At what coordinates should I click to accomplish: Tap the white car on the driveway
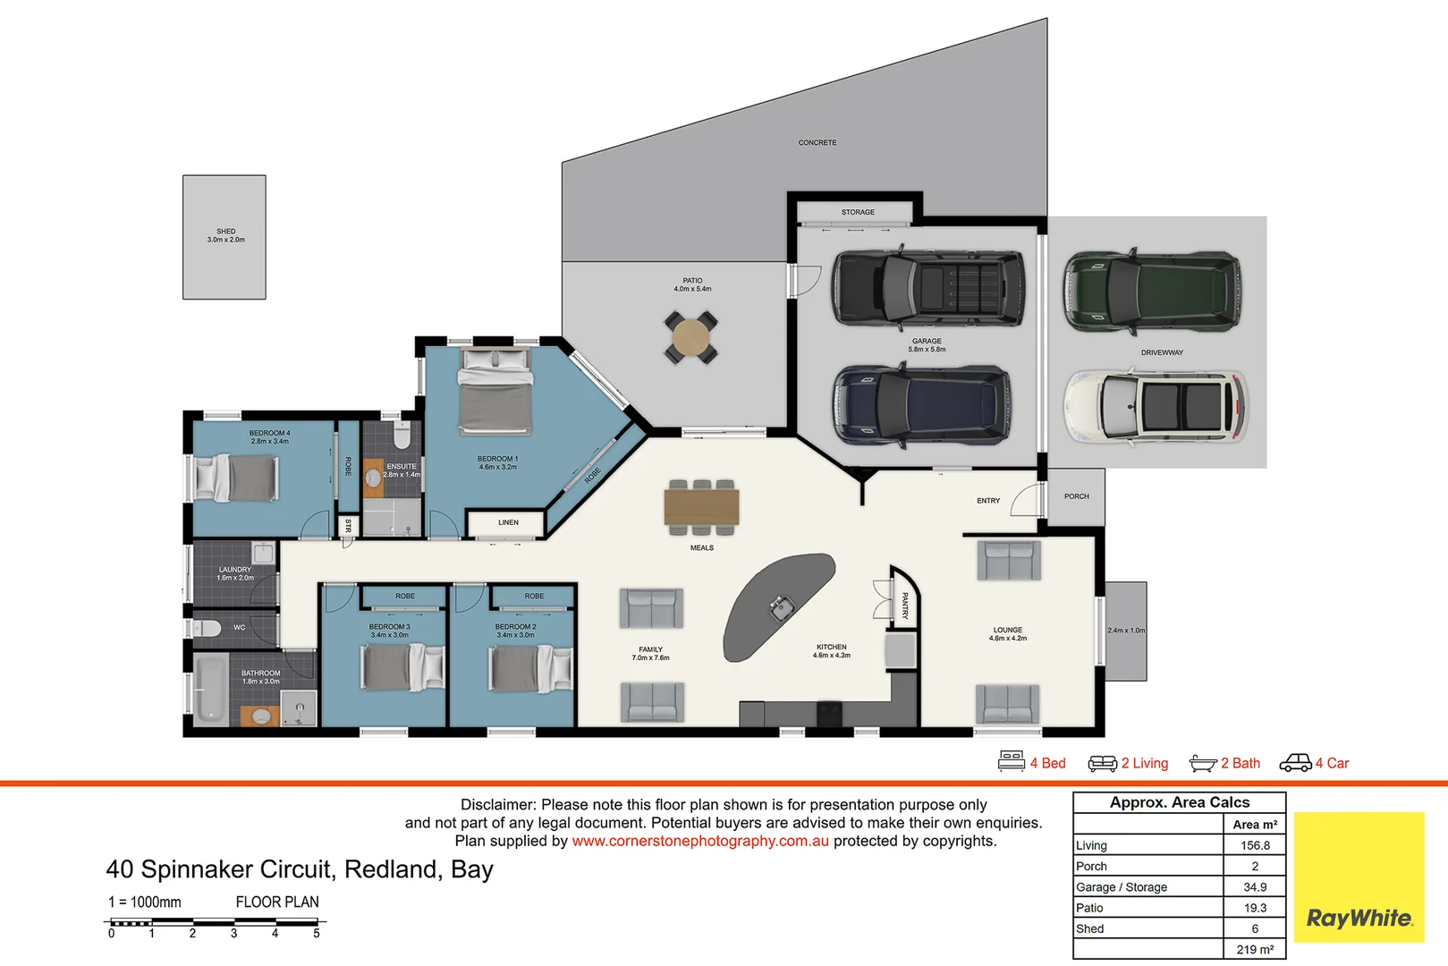tap(1156, 407)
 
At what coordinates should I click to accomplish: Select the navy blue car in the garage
tap(922, 405)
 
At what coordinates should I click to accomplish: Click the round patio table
tap(690, 337)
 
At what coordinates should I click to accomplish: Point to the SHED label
tap(225, 232)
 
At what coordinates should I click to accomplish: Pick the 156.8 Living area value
tap(1255, 845)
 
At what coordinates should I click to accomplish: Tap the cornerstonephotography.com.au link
tap(700, 841)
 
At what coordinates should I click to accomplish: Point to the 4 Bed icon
tap(1012, 762)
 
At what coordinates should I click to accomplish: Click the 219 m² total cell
tap(1255, 949)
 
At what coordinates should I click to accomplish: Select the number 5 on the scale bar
tap(317, 934)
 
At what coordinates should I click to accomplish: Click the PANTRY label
tap(905, 606)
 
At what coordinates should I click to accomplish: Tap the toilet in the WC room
tap(207, 628)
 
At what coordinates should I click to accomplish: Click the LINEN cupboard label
tap(508, 522)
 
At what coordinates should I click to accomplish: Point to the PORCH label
tap(1077, 496)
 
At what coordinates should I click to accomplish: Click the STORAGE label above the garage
tap(858, 213)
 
